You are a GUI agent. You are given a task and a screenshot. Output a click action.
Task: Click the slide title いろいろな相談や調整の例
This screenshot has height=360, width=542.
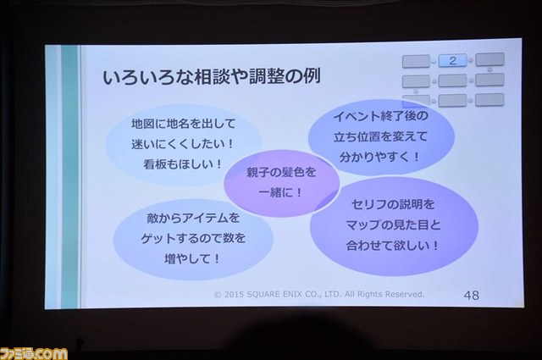tap(212, 76)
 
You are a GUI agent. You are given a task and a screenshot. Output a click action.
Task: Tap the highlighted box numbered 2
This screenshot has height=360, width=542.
tap(452, 61)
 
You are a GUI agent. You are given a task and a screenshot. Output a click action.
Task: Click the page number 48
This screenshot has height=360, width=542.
tap(472, 295)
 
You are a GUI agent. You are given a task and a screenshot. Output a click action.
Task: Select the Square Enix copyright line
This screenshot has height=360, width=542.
tap(319, 294)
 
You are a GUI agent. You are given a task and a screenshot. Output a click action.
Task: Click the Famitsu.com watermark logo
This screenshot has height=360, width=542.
tap(34, 353)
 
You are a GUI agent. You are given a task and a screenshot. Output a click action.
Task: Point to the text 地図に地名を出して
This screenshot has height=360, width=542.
tap(183, 124)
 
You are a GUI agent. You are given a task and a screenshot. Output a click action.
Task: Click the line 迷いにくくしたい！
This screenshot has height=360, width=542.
tap(183, 144)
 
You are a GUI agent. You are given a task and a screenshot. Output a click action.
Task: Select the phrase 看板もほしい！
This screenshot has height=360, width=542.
tap(183, 164)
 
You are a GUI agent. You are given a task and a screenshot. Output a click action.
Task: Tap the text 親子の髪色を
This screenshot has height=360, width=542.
tap(281, 172)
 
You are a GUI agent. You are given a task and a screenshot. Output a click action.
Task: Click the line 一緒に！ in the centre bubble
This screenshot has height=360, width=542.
tap(280, 192)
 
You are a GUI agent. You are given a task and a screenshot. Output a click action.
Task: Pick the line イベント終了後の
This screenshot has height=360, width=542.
tap(381, 116)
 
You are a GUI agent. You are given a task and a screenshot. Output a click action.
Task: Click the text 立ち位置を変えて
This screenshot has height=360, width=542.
tap(380, 136)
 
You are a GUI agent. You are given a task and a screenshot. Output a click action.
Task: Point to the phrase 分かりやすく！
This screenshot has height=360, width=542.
tap(380, 158)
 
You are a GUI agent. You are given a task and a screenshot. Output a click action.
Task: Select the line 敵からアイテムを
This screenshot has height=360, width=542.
tap(193, 218)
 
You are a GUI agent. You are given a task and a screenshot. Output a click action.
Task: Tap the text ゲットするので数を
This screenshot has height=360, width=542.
tap(193, 238)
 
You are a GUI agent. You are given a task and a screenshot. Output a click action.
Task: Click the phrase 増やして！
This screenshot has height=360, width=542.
tap(192, 258)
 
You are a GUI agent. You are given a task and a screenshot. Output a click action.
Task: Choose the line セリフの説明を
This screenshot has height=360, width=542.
tap(393, 204)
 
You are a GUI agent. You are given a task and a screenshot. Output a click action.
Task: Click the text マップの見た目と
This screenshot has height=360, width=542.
tap(393, 225)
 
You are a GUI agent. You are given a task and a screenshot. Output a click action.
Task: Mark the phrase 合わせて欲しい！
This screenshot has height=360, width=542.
tap(393, 246)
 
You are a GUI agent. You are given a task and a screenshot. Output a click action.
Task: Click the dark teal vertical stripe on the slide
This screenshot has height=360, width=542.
tap(69, 176)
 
